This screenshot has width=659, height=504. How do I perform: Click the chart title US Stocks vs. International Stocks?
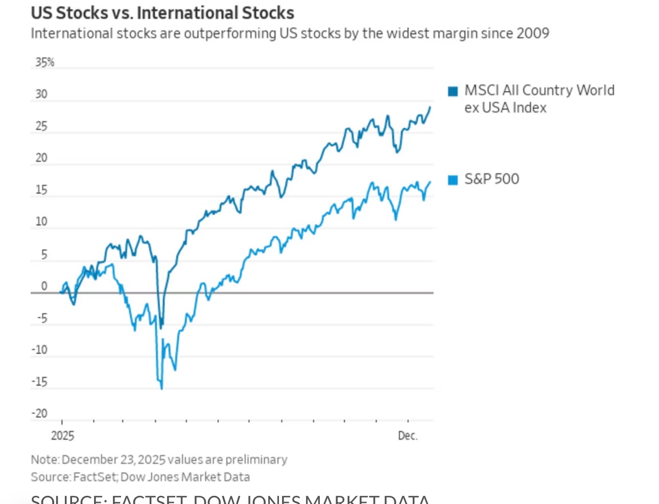pyautogui.click(x=162, y=13)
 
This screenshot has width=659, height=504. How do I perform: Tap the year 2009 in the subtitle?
pyautogui.click(x=532, y=34)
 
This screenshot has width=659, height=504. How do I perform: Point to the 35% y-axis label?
pyautogui.click(x=44, y=62)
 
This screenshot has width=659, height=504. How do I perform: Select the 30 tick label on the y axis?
pyautogui.click(x=41, y=94)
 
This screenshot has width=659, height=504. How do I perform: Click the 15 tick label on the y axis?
pyautogui.click(x=41, y=190)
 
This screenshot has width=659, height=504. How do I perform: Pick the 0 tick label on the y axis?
pyautogui.click(x=44, y=286)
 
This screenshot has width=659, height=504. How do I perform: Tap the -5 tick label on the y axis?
pyautogui.click(x=42, y=318)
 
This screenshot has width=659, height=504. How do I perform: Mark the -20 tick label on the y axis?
pyautogui.click(x=40, y=414)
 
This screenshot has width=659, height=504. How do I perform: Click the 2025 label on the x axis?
pyautogui.click(x=62, y=436)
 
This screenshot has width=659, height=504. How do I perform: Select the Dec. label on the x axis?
pyautogui.click(x=408, y=436)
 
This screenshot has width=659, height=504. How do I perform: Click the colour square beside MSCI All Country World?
pyautogui.click(x=453, y=91)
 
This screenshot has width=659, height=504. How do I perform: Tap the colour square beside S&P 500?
pyautogui.click(x=453, y=180)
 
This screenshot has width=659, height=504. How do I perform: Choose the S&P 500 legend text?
pyautogui.click(x=491, y=179)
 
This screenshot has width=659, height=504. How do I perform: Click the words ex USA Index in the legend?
pyautogui.click(x=505, y=108)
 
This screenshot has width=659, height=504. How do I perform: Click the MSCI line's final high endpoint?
pyautogui.click(x=430, y=107)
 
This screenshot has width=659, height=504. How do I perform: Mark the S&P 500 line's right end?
pyautogui.click(x=430, y=181)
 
